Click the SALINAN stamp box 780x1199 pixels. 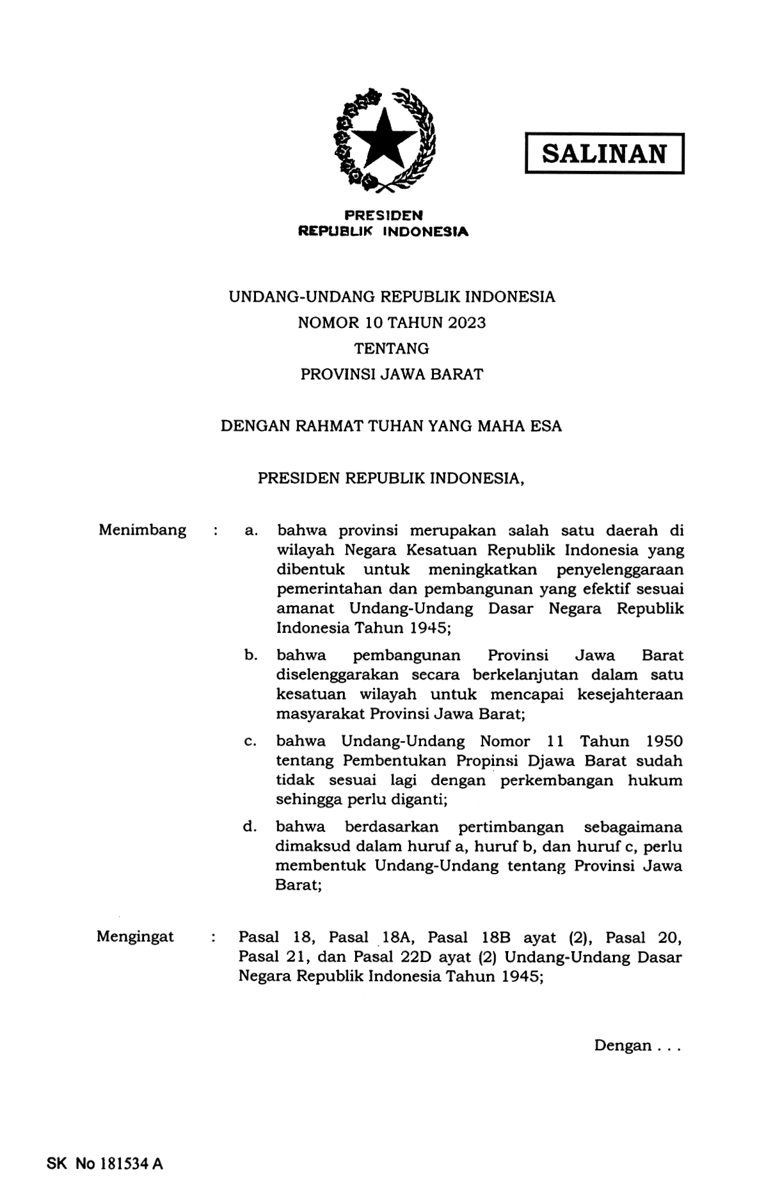[604, 154]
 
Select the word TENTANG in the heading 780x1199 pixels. [392, 348]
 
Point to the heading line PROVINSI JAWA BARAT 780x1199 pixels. [392, 375]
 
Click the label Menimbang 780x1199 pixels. [143, 530]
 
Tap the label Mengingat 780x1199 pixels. [135, 936]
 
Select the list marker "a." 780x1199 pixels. [251, 531]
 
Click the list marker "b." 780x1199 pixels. [251, 655]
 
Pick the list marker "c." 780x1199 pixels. [250, 742]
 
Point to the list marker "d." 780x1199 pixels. [250, 827]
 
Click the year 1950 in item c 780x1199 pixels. [664, 742]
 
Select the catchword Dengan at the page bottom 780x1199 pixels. [623, 1045]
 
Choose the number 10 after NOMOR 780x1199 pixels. [374, 323]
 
